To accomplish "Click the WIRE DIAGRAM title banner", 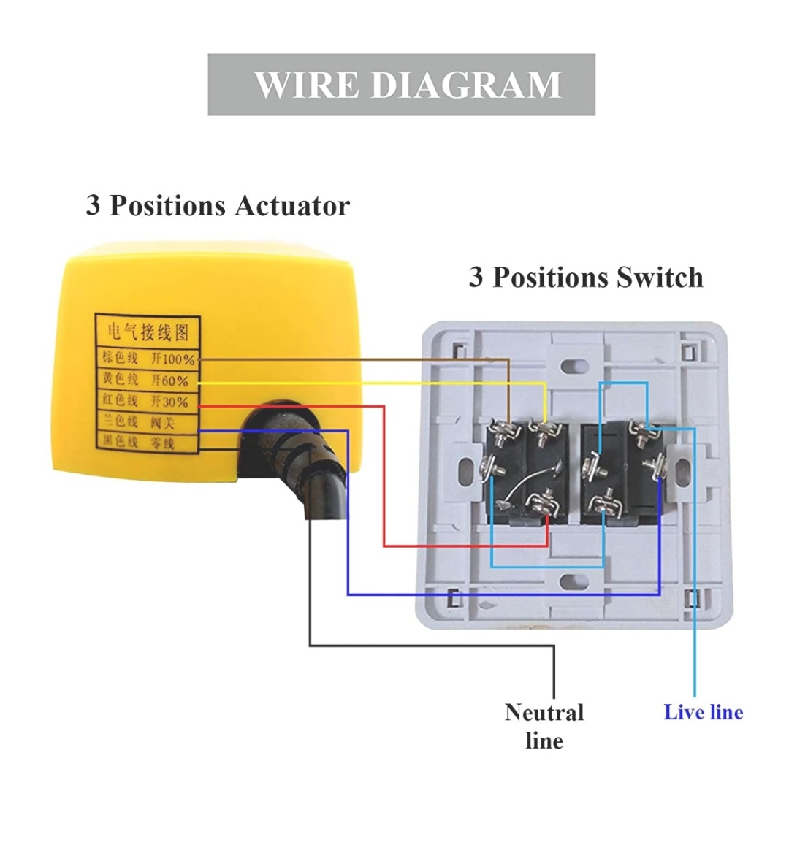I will point(401,85).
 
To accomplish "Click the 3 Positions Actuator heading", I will point(218,205).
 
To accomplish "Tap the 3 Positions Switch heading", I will point(586,278).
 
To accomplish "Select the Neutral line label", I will point(544,726).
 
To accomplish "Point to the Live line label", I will point(703,712).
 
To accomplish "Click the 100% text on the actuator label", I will point(178,359).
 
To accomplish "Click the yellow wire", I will point(365,383).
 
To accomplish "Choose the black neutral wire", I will point(431,646).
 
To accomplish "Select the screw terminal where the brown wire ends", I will point(503,435).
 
